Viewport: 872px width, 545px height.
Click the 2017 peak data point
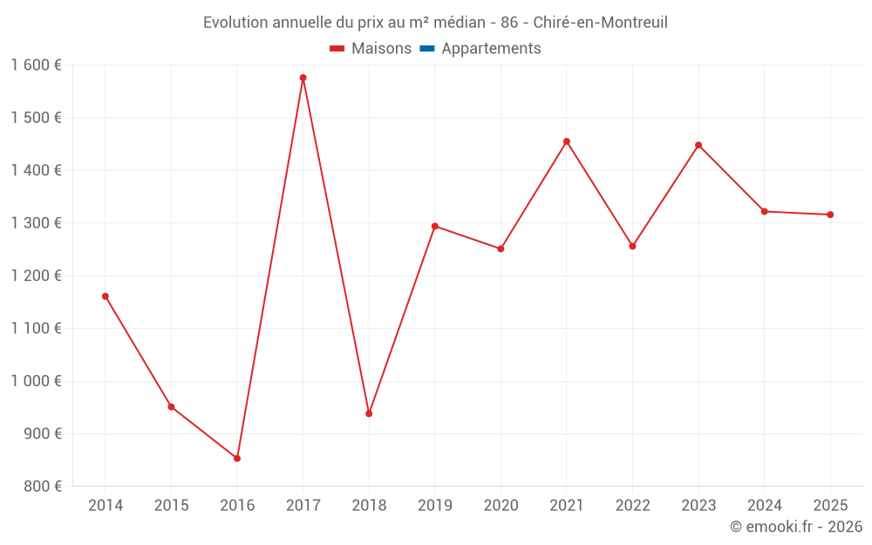303,78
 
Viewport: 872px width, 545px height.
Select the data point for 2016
237,458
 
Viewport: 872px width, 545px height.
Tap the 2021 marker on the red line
567,141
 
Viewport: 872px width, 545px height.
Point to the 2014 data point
106,296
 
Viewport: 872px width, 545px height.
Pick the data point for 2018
369,413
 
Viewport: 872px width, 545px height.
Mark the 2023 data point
698,145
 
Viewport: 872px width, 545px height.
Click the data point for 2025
830,215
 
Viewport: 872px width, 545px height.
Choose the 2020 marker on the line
501,249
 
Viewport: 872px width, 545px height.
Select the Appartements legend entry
491,49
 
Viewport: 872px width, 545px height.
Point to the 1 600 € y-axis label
36,65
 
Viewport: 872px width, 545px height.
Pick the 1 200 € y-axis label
36,276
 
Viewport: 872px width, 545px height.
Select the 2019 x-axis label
435,506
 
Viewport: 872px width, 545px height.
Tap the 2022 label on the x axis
633,506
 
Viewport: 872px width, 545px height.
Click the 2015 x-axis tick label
171,506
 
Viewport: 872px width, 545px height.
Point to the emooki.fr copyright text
796,527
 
